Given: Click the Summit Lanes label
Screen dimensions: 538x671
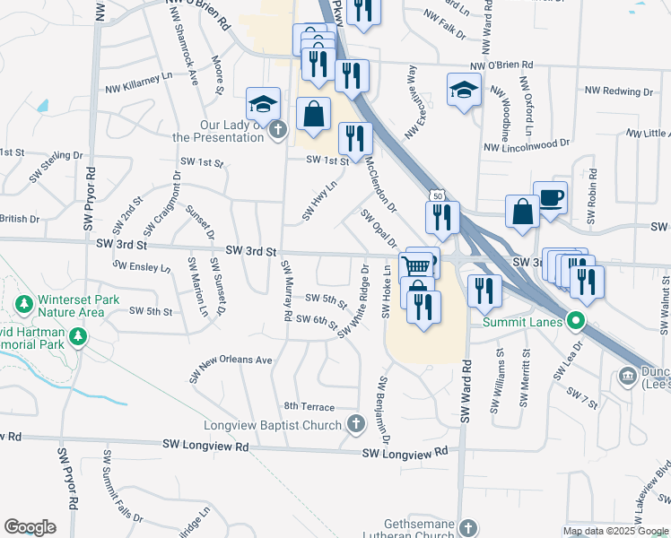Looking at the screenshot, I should point(522,322).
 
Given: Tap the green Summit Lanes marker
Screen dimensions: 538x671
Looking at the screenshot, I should point(578,321).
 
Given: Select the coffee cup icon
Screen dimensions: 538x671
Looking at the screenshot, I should point(550,196).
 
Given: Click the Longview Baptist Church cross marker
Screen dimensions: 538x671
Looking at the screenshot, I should point(356,424).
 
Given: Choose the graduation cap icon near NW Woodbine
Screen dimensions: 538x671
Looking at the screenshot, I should point(464,90).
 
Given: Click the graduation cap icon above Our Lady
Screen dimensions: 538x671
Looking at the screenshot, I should point(263,103).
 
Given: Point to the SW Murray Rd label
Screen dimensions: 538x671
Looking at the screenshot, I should point(286,291).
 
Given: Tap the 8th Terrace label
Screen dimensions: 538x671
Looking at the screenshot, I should point(309,406).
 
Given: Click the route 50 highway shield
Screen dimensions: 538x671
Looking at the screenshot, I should point(436,195).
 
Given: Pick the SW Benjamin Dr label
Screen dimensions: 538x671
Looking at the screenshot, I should point(383,410).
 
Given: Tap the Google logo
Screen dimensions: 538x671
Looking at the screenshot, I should point(30,527).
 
